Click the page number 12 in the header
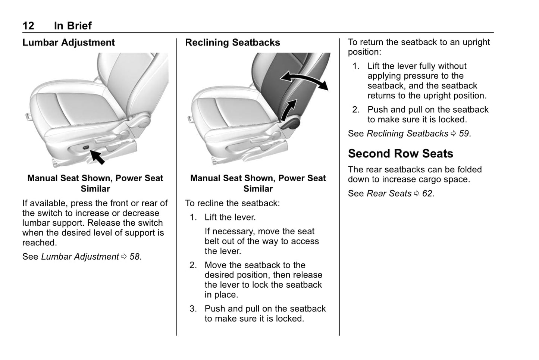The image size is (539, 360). click(x=28, y=25)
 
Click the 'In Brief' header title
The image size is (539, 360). click(x=73, y=25)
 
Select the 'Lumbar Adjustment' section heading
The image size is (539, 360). click(x=69, y=43)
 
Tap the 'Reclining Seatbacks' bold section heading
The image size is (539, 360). click(x=232, y=43)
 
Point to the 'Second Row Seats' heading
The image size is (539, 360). click(x=400, y=153)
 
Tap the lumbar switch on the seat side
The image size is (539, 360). click(x=86, y=148)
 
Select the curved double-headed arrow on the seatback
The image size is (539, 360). click(x=304, y=79)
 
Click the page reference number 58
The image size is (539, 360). click(x=134, y=257)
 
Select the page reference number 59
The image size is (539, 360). click(x=464, y=134)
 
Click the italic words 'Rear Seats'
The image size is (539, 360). click(x=389, y=193)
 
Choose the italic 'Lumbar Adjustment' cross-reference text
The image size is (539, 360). click(x=80, y=257)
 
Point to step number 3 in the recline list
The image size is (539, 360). click(x=193, y=309)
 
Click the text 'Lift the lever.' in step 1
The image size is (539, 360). click(x=230, y=217)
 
